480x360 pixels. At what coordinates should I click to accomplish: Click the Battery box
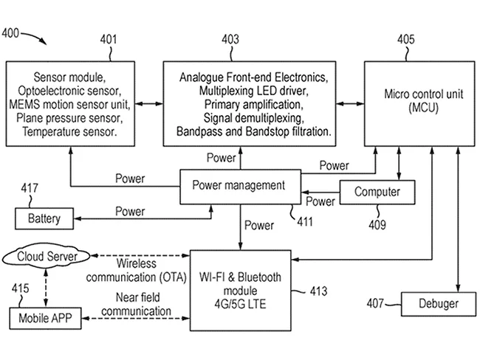pos(44,219)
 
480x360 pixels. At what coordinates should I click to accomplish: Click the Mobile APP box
pos(44,318)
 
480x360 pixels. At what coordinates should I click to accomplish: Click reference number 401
pos(109,38)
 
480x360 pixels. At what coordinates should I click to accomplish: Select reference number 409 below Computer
pos(377,225)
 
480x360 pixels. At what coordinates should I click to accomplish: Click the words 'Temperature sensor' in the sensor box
pos(69,131)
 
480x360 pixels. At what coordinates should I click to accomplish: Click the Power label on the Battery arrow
pos(130,212)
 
